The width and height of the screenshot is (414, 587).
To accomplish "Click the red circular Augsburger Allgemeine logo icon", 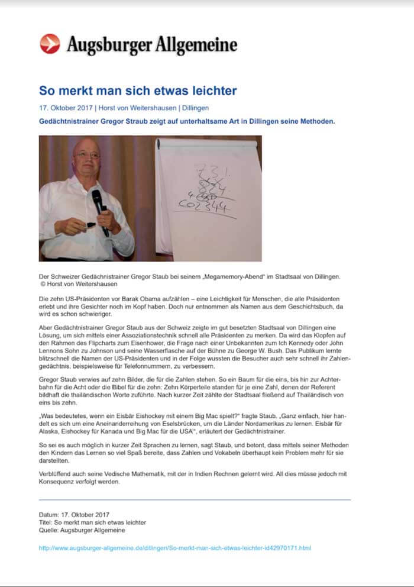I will pyautogui.click(x=50, y=44).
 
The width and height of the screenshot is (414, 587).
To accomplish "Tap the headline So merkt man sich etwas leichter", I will pyautogui.click(x=138, y=91).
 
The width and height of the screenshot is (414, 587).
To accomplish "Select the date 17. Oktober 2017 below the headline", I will pyautogui.click(x=66, y=109).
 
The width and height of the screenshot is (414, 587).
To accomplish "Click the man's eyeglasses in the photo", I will pyautogui.click(x=88, y=155).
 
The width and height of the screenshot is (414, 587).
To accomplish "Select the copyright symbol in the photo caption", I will pyautogui.click(x=42, y=283).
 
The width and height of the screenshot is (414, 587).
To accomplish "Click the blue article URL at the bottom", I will pyautogui.click(x=174, y=548).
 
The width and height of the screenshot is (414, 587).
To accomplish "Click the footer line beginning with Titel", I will pyautogui.click(x=92, y=523).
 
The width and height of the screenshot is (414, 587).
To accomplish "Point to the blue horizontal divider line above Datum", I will pyautogui.click(x=195, y=499).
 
